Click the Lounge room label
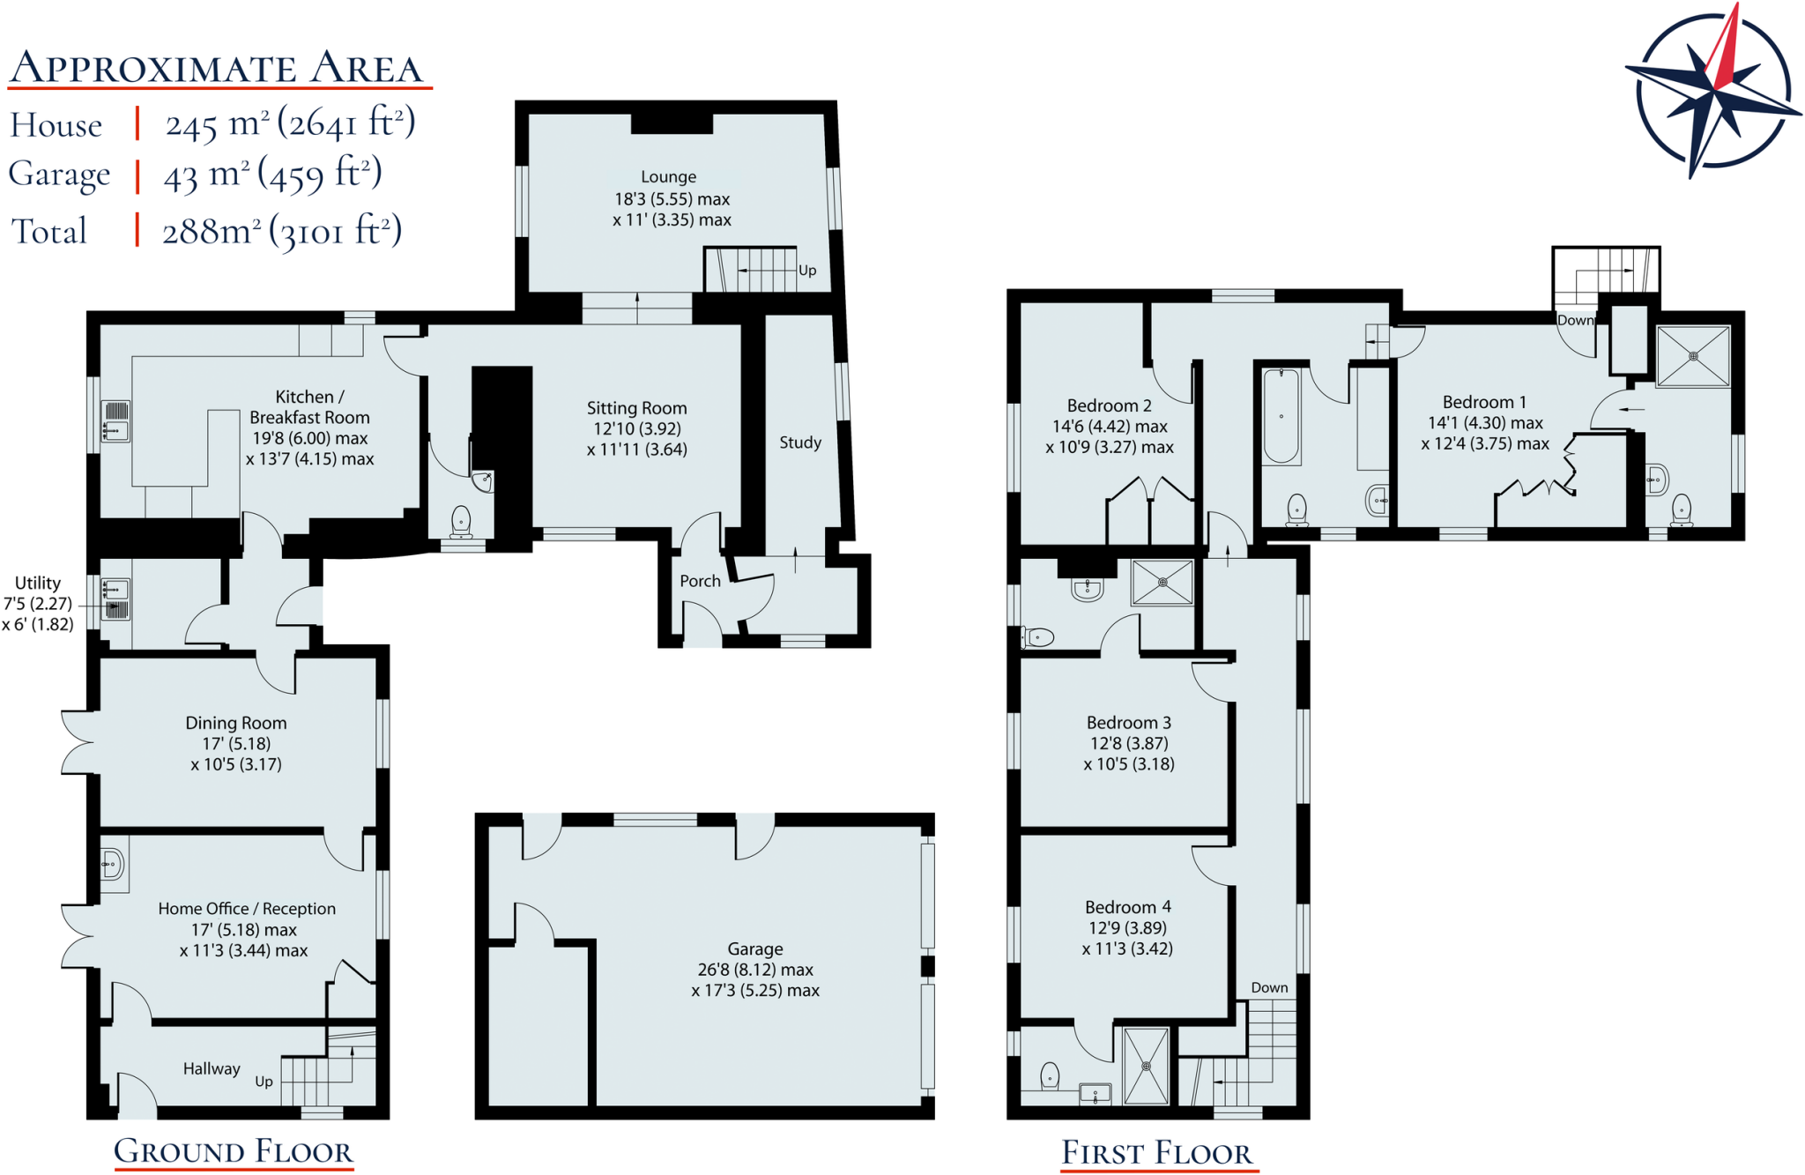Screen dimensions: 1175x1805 pos(668,177)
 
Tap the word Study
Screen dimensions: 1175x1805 pos(800,442)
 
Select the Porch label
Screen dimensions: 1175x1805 pos(700,581)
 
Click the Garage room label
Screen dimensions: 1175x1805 pos(754,949)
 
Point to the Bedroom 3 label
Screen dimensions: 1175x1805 pos(1128,723)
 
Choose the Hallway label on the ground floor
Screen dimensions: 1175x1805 pos(212,1068)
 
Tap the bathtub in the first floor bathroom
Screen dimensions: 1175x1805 pos(1281,416)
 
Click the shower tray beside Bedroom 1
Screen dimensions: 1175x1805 pos(1693,356)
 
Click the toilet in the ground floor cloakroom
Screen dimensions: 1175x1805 pos(461,521)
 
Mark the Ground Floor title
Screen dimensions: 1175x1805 pos(234,1151)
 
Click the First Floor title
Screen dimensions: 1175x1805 pos(1156,1153)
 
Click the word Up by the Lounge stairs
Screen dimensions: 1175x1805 pos(807,271)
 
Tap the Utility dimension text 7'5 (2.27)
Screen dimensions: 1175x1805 pos(38,604)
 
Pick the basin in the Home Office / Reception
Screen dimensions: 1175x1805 pos(112,863)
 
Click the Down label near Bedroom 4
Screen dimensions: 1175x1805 pos(1269,987)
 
